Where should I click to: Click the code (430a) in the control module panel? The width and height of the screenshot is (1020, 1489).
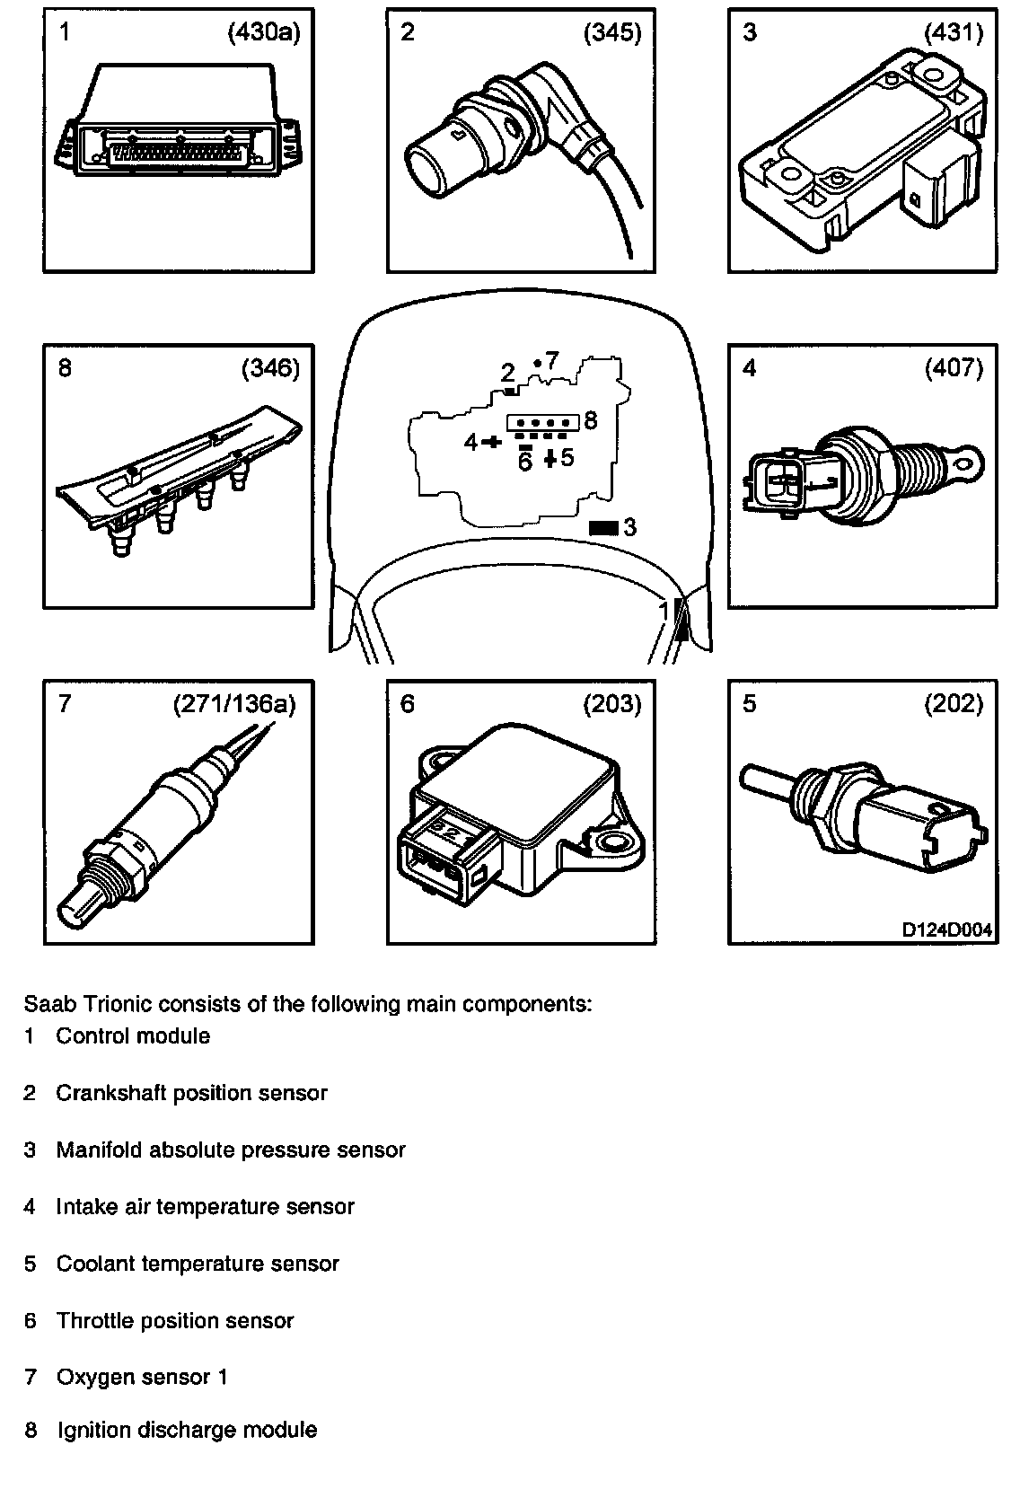point(263,34)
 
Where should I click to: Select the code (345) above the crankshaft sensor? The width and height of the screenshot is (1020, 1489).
point(612,34)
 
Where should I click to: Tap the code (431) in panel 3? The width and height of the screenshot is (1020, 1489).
point(954,34)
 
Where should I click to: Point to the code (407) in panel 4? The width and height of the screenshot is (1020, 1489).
point(954,368)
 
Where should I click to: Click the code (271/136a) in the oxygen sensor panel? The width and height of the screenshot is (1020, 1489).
point(233,704)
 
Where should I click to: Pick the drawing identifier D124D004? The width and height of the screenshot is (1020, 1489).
point(947,930)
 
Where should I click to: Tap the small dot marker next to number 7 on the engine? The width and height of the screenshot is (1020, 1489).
point(536,363)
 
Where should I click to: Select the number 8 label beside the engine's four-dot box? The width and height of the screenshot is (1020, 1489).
point(590,420)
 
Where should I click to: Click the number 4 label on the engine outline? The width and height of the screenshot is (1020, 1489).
point(470,442)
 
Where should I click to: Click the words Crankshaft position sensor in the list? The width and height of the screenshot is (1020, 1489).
point(191,1093)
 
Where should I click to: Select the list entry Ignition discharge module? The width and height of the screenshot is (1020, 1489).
point(187,1430)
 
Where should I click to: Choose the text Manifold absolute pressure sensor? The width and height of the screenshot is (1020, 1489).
point(231,1150)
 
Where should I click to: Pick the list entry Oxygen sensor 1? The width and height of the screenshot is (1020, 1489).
point(142,1377)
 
